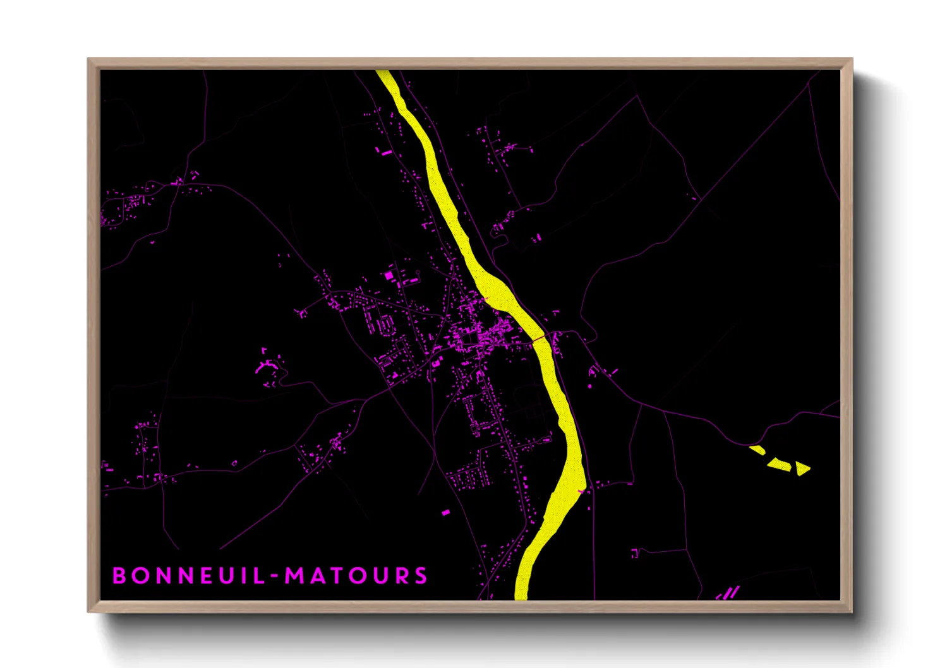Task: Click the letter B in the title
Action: pos(118,576)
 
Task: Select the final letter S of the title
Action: pos(421,576)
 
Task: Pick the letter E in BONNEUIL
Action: pos(205,576)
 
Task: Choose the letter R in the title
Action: pos(401,576)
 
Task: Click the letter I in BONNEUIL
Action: pos(246,576)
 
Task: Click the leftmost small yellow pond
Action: pos(757,450)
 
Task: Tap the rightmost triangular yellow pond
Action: pos(802,468)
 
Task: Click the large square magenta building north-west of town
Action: pos(389,275)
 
